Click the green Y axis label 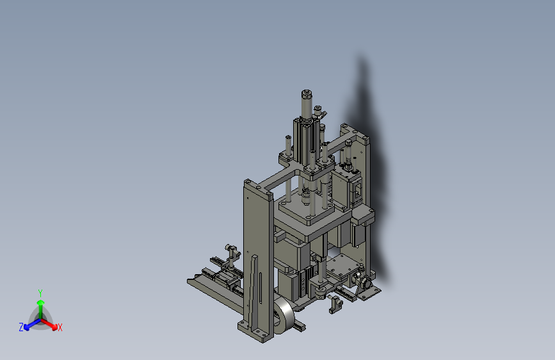(40, 293)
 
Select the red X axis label (60, 327)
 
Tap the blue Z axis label (21, 327)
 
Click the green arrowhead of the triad (41, 302)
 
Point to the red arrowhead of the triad (54, 327)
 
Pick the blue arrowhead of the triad (27, 327)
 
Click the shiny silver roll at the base (284, 315)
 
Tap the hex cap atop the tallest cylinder (307, 94)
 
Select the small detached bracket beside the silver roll (335, 305)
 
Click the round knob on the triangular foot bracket (366, 283)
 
